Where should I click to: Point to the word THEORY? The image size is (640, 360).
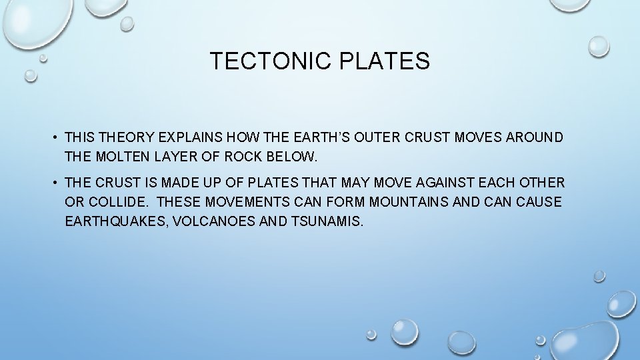point(126,137)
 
